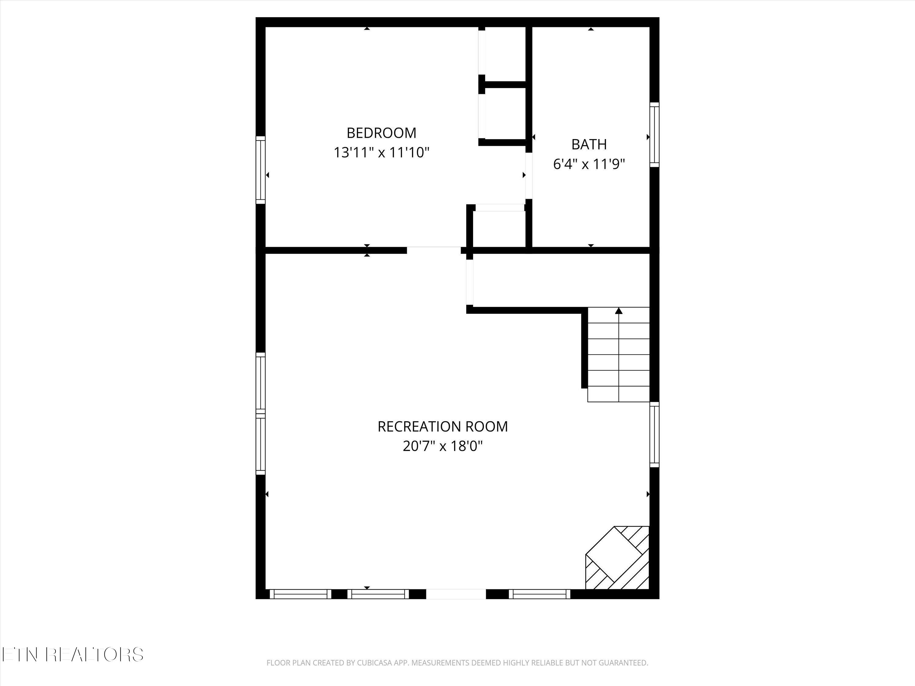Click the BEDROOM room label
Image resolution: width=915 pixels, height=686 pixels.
[x=381, y=133]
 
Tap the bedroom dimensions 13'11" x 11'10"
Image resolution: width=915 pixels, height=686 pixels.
[x=381, y=152]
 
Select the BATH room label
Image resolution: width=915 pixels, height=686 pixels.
[x=589, y=144]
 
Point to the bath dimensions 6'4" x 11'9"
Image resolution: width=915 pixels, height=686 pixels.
[x=589, y=164]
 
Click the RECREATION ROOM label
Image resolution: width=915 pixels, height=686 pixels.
[x=443, y=426]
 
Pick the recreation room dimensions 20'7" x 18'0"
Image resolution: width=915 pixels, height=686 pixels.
[x=443, y=446]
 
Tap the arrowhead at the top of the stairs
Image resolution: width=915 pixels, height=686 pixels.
[x=619, y=311]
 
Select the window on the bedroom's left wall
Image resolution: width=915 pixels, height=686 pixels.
[x=260, y=170]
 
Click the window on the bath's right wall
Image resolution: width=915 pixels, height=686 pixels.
[x=654, y=135]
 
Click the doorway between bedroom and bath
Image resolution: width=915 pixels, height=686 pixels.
[x=529, y=176]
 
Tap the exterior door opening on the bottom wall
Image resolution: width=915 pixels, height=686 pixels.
[x=456, y=594]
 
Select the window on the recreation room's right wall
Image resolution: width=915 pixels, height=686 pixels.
[x=654, y=434]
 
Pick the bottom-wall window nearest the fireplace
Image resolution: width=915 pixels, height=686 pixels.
[x=540, y=594]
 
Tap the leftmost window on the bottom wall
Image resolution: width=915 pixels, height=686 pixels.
[x=301, y=594]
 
